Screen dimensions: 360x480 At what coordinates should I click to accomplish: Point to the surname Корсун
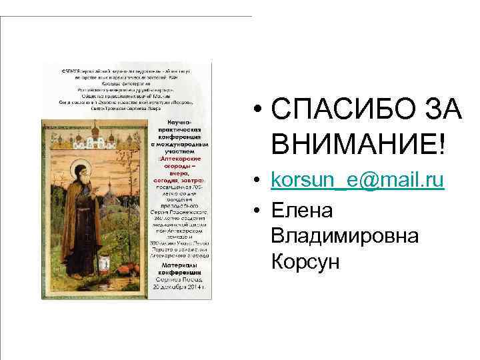[x=306, y=262]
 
